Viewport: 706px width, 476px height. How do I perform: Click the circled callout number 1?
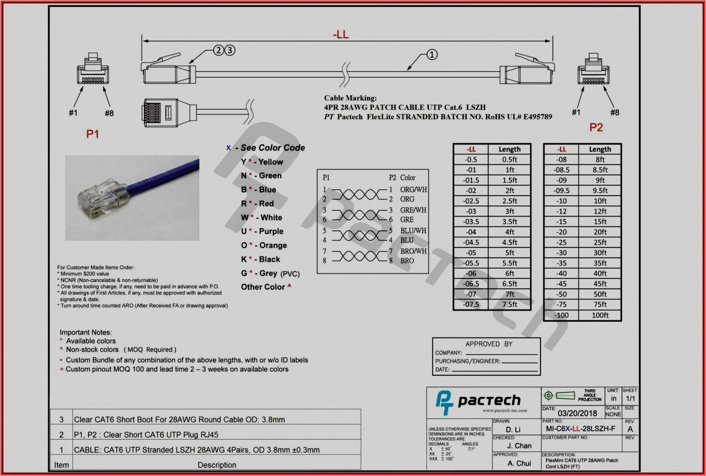(432, 54)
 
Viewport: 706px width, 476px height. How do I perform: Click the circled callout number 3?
(229, 50)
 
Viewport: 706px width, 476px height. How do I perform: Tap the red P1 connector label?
(93, 134)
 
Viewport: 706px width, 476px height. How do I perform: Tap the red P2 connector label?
(596, 127)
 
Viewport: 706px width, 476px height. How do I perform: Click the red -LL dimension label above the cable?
(341, 35)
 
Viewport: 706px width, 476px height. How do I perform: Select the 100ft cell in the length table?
(600, 315)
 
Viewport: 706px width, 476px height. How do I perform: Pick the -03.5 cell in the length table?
(471, 222)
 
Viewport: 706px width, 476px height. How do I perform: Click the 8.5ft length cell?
(600, 170)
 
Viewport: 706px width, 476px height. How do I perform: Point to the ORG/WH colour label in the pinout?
(413, 189)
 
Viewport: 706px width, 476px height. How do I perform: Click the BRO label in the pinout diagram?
(407, 261)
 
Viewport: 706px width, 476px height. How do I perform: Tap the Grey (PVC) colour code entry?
(270, 273)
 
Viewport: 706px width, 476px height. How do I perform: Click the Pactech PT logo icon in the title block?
(444, 402)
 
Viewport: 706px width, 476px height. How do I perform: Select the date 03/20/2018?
(577, 413)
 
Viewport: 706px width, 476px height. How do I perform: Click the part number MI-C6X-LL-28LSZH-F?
(580, 429)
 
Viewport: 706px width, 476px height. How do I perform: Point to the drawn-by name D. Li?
(513, 430)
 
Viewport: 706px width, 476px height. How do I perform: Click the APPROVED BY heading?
(488, 344)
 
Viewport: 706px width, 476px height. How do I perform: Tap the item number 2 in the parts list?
(61, 435)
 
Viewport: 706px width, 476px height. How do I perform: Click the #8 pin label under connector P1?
(109, 113)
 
